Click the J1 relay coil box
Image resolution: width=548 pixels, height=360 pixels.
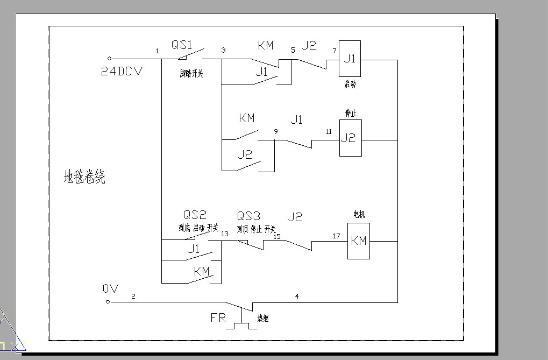tap(350, 59)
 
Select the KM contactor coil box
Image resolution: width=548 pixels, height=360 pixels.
tap(358, 241)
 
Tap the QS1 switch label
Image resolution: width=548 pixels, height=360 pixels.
tap(183, 45)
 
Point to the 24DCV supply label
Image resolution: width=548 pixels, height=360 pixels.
tap(122, 71)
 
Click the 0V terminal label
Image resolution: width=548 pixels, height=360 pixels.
tap(110, 288)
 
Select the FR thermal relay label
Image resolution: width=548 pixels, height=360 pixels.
tap(218, 317)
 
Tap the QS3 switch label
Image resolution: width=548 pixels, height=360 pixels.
tap(248, 216)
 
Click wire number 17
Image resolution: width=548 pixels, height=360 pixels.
tap(336, 236)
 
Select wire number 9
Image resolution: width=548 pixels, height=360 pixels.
tap(276, 131)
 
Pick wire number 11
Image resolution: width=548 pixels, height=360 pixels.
tap(329, 131)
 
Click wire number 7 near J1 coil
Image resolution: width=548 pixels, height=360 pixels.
tap(334, 51)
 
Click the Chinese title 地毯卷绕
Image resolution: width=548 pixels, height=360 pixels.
tap(84, 177)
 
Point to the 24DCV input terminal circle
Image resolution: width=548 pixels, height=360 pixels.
tap(109, 58)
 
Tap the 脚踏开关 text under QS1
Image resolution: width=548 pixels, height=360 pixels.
tap(191, 74)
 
